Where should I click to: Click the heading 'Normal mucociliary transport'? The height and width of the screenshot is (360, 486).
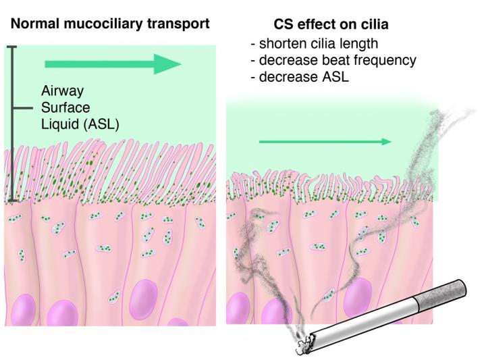coord(110,24)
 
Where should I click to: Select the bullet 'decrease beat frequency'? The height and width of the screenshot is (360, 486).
coord(333,60)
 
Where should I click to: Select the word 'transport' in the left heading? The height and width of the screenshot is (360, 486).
coord(180,24)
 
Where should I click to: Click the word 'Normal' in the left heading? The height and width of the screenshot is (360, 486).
coord(34,24)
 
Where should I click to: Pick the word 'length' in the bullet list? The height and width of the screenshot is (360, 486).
coord(358,45)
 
